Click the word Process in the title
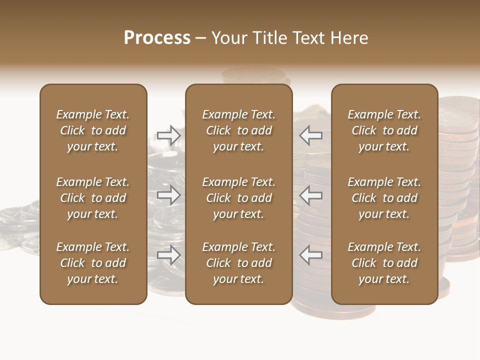pyautogui.click(x=157, y=38)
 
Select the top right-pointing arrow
pyautogui.click(x=169, y=135)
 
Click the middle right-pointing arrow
pyautogui.click(x=169, y=195)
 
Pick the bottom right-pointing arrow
pyautogui.click(x=169, y=255)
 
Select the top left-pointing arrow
pyautogui.click(x=311, y=135)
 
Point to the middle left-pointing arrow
pyautogui.click(x=311, y=195)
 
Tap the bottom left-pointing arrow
pyautogui.click(x=311, y=255)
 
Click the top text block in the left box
pyautogui.click(x=93, y=130)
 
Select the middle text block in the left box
pyautogui.click(x=93, y=198)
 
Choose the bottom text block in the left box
pyautogui.click(x=93, y=263)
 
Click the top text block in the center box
pyautogui.click(x=238, y=130)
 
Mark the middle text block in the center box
pyautogui.click(x=238, y=198)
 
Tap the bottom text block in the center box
pyautogui.click(x=238, y=263)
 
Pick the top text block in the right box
pyautogui.click(x=384, y=130)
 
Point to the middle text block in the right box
pyautogui.click(x=384, y=198)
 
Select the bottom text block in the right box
pyautogui.click(x=384, y=263)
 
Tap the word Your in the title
pyautogui.click(x=228, y=38)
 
